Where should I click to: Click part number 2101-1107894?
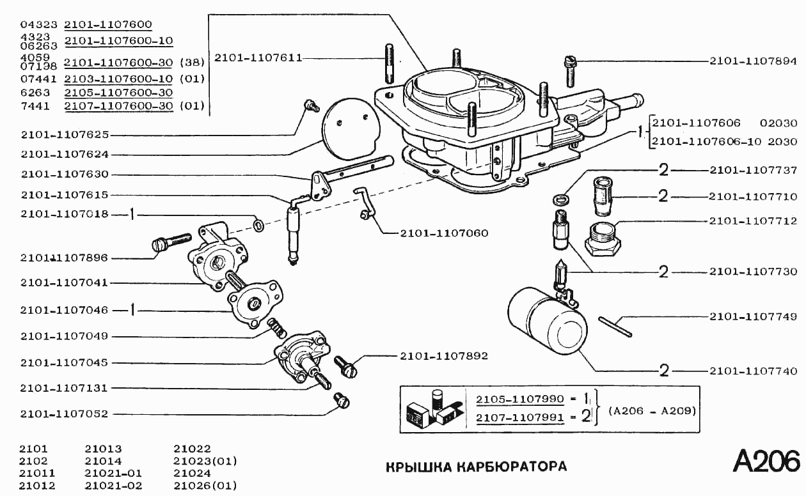click(x=753, y=62)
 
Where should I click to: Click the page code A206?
click(x=766, y=461)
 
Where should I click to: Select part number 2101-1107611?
click(x=258, y=58)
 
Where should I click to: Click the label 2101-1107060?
click(x=444, y=233)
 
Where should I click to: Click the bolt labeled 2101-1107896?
click(x=170, y=243)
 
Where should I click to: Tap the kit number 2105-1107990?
click(x=519, y=399)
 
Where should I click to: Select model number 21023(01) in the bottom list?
click(x=205, y=461)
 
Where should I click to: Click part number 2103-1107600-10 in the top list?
click(x=118, y=79)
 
